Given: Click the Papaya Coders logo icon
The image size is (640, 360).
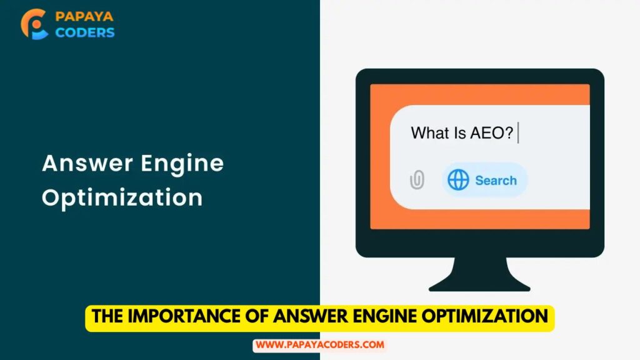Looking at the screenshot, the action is pos(34,24).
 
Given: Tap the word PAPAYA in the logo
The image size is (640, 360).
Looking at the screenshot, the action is pos(84,16).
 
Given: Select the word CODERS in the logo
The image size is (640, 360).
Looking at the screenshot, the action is pos(85,32).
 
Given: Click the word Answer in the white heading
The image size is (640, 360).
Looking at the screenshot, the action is pos(87,163).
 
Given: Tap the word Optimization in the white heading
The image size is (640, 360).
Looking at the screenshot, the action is pos(122,197).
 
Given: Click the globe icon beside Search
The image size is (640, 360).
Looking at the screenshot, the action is pos(458,180).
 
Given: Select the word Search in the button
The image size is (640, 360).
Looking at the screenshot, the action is pos(496,181).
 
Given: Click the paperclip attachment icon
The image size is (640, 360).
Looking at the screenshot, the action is pos(417,179).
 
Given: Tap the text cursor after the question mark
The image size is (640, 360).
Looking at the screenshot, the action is pos(518,132).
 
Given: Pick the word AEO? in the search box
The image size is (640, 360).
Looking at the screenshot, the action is pos(491,133).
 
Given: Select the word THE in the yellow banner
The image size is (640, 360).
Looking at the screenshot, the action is pos(107,316).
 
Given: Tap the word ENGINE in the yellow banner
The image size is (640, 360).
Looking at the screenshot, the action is pos(384,316).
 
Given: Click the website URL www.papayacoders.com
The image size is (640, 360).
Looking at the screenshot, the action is pos(320,345).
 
